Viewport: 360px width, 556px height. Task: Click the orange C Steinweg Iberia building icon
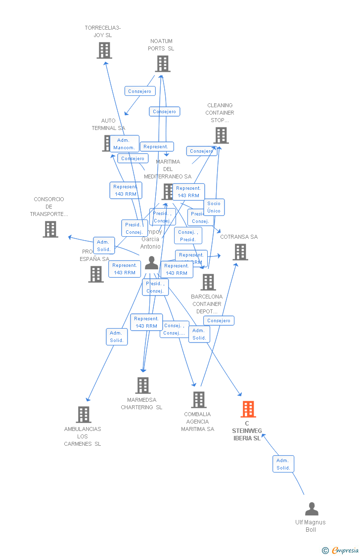point(248,409)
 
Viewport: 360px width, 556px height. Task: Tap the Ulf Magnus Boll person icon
point(312,509)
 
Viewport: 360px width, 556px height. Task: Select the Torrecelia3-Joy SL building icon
point(104,50)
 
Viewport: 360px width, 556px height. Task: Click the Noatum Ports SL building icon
point(163,64)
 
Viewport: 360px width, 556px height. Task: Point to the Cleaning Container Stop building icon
point(221,135)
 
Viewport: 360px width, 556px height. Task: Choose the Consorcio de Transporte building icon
point(50,229)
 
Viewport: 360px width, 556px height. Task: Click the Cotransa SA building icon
point(240,252)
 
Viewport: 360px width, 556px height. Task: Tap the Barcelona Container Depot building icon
point(208,282)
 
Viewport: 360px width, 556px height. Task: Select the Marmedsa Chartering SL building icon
point(143,385)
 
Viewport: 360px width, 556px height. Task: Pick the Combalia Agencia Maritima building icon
point(198,400)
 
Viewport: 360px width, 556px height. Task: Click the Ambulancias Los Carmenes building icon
point(84,415)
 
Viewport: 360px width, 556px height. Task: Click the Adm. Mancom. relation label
point(124,144)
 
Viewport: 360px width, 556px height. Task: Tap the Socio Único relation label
point(214,207)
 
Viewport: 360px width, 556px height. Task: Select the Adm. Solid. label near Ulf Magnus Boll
point(283,464)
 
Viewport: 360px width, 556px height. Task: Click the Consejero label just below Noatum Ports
point(140,91)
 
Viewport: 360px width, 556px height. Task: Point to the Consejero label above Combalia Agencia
point(219,320)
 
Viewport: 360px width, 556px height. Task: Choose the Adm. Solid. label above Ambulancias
point(117,337)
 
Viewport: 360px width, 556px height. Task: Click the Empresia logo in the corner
point(341,550)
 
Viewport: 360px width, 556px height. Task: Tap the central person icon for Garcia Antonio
point(151,263)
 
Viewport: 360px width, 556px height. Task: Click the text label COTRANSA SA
point(239,237)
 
